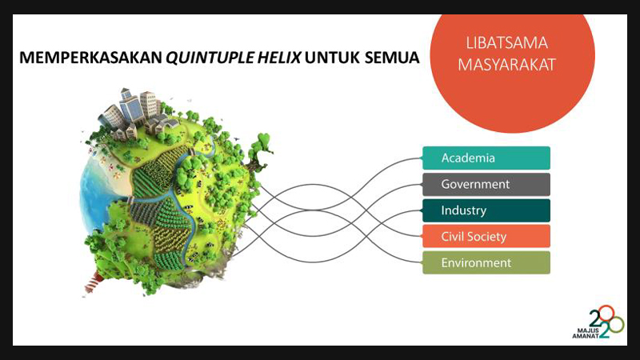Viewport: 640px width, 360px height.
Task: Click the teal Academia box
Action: point(486,158)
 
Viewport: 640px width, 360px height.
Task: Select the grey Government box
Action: point(486,184)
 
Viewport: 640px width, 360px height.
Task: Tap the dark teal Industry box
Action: point(486,210)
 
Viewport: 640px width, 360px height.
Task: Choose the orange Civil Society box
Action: point(486,236)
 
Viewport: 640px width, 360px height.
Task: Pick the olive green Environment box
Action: point(486,262)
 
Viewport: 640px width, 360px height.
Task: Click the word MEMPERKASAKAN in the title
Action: point(90,58)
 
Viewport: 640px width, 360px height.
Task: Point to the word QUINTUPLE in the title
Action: point(209,58)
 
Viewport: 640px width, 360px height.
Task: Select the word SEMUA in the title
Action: point(392,58)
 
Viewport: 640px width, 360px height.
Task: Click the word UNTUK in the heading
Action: point(333,58)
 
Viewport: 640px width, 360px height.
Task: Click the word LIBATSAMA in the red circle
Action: point(506,43)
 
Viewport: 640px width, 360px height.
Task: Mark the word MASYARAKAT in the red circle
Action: point(506,65)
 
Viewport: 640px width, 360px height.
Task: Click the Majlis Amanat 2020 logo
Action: point(598,322)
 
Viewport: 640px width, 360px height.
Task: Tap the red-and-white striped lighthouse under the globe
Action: point(94,282)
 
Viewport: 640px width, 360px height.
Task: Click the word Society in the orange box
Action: point(487,237)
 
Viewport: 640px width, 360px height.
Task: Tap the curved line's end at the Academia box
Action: point(422,158)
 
